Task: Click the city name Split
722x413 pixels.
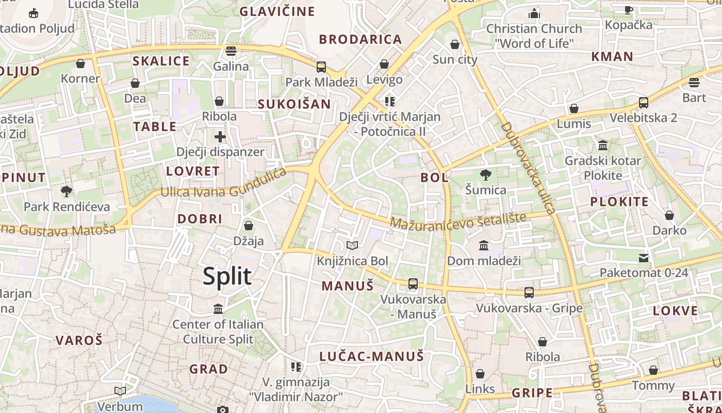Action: [227, 276]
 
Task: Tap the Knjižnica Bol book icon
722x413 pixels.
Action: [352, 246]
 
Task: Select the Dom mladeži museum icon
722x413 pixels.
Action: [484, 245]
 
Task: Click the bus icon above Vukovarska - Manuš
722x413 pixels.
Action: [413, 283]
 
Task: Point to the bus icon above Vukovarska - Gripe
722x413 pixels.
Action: [529, 293]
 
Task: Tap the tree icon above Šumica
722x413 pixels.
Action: [485, 175]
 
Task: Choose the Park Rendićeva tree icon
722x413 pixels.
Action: [67, 192]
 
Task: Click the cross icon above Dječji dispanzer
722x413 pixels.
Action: [220, 137]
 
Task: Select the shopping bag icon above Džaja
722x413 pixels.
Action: [249, 226]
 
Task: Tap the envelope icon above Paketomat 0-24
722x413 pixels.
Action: [644, 258]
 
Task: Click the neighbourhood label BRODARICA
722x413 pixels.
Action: [360, 39]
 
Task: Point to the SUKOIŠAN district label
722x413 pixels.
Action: [294, 104]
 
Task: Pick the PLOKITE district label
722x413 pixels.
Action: [619, 202]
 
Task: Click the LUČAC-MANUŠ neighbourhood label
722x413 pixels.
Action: [371, 356]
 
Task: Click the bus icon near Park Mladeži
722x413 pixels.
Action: [321, 67]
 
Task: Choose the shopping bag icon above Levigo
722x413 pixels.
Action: [384, 64]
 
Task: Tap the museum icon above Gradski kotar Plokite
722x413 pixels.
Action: [602, 145]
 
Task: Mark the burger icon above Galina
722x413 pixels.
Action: [231, 51]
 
